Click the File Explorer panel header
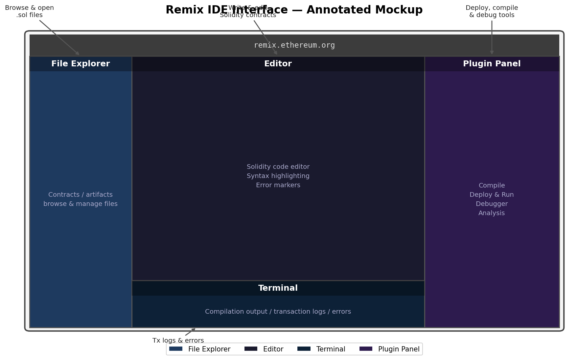[81, 64]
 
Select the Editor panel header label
[278, 64]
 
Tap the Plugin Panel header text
[492, 64]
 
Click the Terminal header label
[278, 288]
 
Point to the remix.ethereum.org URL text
[294, 45]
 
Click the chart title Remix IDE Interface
[294, 10]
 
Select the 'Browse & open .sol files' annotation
[29, 11]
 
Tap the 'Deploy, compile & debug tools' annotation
[492, 11]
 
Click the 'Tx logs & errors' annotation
[178, 341]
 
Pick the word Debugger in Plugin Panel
[492, 204]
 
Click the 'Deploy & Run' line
[492, 195]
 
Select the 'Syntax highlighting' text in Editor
[278, 176]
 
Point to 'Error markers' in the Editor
[278, 185]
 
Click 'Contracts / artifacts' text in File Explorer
[81, 195]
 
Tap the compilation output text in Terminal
[278, 312]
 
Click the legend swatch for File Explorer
[176, 349]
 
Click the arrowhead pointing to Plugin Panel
[492, 53]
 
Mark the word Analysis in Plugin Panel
[492, 213]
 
